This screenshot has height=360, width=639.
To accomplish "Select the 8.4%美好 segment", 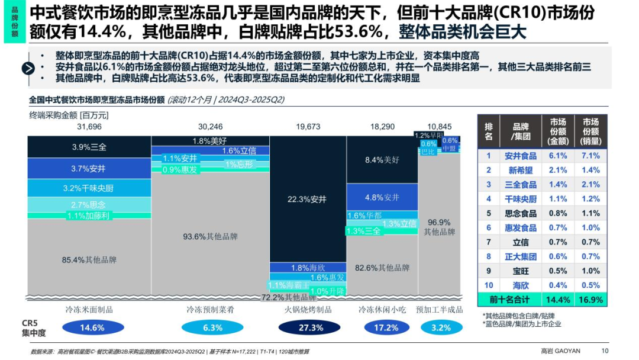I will point(382,159).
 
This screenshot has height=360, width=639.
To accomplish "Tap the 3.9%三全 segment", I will point(89,147).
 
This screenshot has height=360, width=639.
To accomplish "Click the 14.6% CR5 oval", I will point(92,327).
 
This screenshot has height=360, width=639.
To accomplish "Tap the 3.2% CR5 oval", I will point(441,327).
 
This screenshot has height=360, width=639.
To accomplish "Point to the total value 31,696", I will point(89,127).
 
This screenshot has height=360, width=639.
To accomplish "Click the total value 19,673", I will point(308,127).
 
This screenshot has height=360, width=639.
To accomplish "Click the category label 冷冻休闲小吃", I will point(382,310).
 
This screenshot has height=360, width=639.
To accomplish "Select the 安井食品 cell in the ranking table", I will point(521,156).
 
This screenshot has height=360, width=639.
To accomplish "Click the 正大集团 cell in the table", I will point(521,256).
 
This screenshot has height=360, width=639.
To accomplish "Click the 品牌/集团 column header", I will point(521,131).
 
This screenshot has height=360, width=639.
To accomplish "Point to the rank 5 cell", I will point(489,213).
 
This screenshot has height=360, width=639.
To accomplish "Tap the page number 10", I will point(604,351).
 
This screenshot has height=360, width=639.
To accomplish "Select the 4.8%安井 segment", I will point(382,197).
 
